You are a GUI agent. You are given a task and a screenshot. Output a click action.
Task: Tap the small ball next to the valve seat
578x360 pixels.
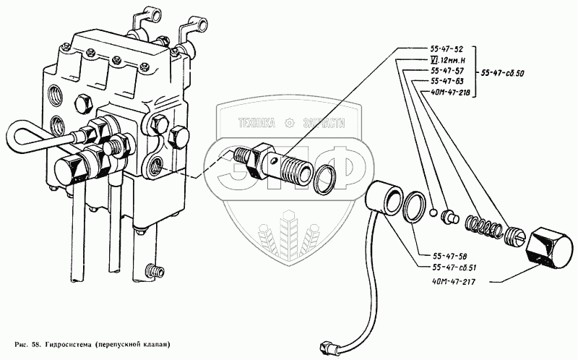[431, 212]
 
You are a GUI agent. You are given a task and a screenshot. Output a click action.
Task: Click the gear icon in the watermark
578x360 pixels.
[291, 122]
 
